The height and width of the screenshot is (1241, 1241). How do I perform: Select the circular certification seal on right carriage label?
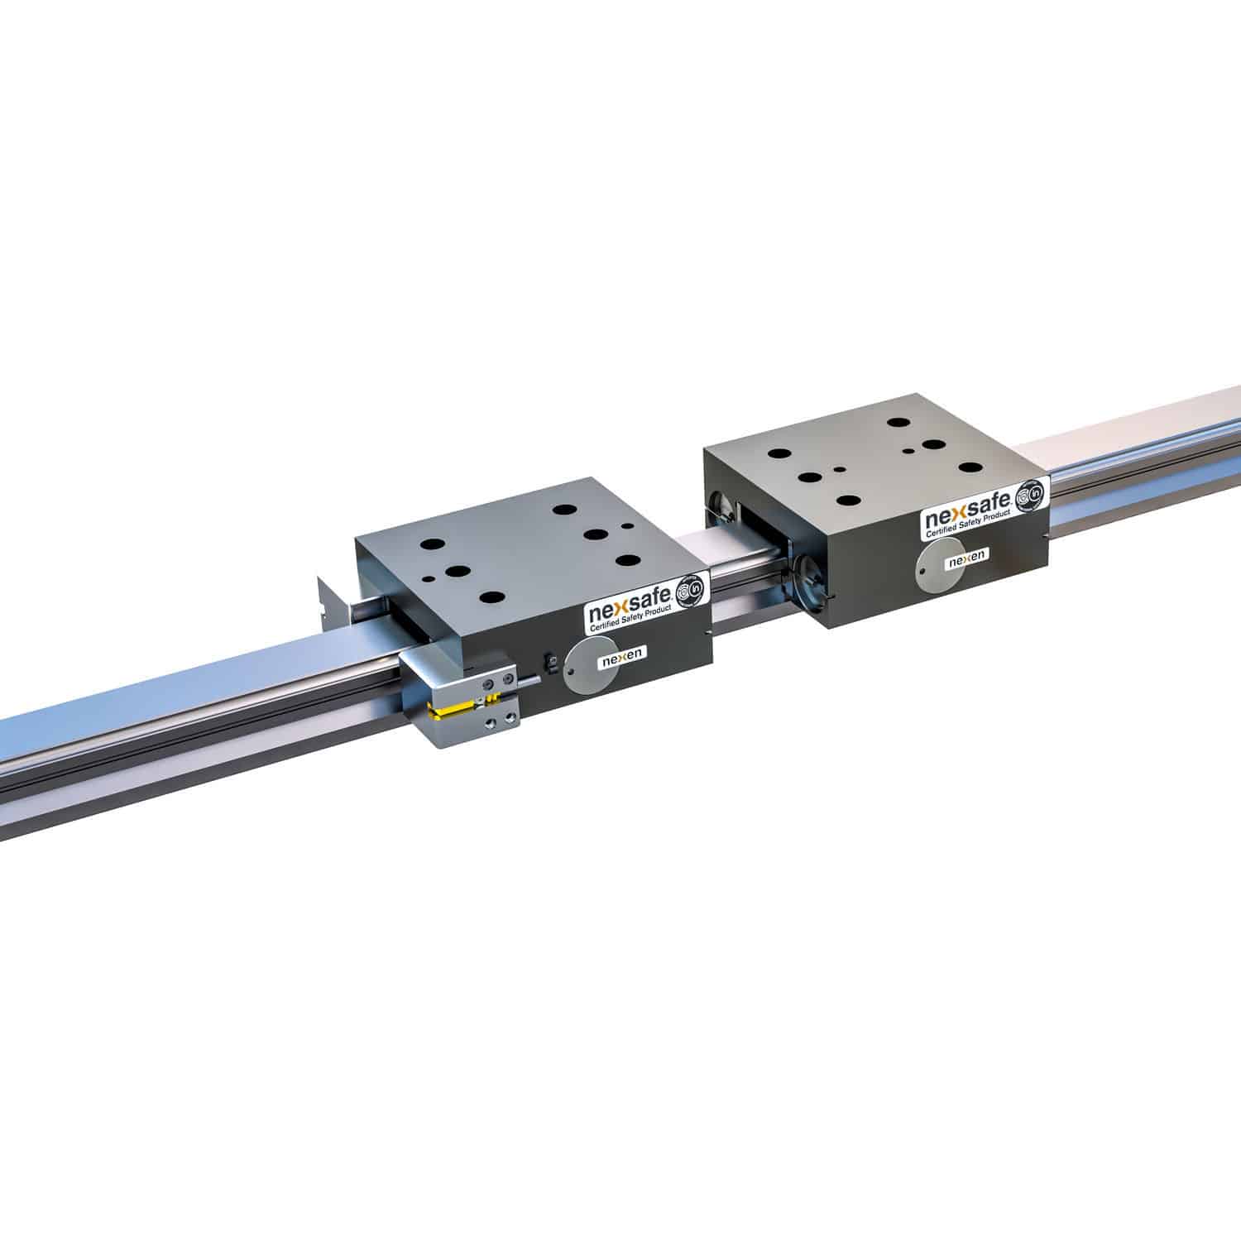[1029, 500]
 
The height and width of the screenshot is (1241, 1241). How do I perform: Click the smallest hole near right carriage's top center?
[841, 468]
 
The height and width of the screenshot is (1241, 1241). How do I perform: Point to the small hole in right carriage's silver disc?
[922, 572]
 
